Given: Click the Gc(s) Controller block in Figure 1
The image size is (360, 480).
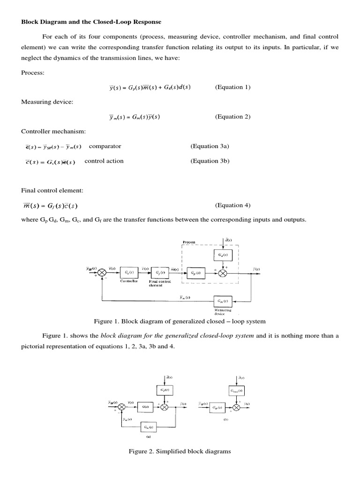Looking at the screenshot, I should pyautogui.click(x=128, y=273).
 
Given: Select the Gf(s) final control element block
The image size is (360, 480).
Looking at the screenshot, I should pyautogui.click(x=160, y=273).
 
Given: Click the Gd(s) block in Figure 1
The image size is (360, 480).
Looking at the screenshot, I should pyautogui.click(x=223, y=255).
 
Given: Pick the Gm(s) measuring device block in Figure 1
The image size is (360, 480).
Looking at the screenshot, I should pyautogui.click(x=223, y=300).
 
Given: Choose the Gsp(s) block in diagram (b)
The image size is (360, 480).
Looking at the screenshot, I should pyautogui.click(x=217, y=407).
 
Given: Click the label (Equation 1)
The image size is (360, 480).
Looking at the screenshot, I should pyautogui.click(x=233, y=87).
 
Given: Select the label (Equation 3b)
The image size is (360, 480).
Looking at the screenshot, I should pyautogui.click(x=210, y=161).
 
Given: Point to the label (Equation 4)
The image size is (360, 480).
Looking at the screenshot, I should pyautogui.click(x=233, y=205).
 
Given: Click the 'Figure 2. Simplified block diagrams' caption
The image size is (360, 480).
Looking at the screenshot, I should pyautogui.click(x=180, y=451).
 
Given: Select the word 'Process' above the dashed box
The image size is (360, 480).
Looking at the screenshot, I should pyautogui.click(x=189, y=242).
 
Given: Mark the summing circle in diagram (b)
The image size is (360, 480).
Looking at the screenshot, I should pyautogui.click(x=236, y=407).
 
